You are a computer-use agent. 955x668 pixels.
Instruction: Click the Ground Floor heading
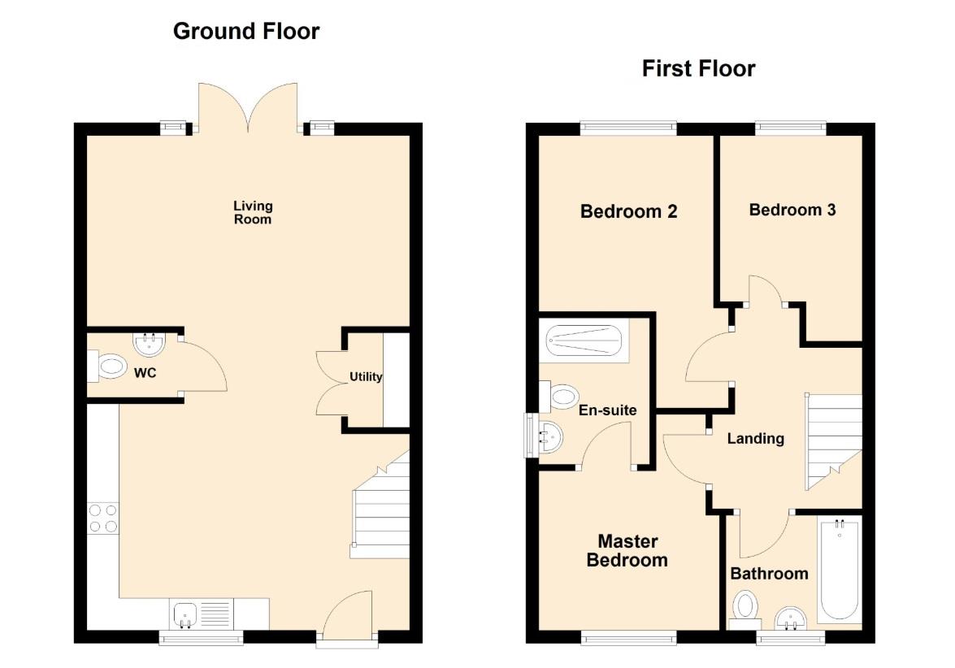(246, 31)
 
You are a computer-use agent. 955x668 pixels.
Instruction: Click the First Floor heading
(699, 68)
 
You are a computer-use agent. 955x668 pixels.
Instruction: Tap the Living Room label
(253, 213)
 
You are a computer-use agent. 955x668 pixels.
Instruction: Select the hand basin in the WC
(149, 344)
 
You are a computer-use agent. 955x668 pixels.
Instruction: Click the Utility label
(366, 377)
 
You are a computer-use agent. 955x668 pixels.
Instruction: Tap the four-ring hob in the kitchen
(103, 518)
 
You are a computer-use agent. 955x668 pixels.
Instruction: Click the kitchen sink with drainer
(202, 614)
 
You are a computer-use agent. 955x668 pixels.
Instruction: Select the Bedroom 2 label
(628, 211)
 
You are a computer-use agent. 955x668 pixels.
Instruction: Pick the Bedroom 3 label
(792, 210)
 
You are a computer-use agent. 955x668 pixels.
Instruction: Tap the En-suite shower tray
(584, 341)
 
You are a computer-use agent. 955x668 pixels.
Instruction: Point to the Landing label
(755, 439)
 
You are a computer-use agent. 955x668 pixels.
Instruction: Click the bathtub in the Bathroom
(840, 570)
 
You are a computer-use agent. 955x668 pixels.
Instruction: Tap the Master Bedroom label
(627, 550)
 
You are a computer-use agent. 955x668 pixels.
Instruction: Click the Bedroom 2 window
(628, 128)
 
